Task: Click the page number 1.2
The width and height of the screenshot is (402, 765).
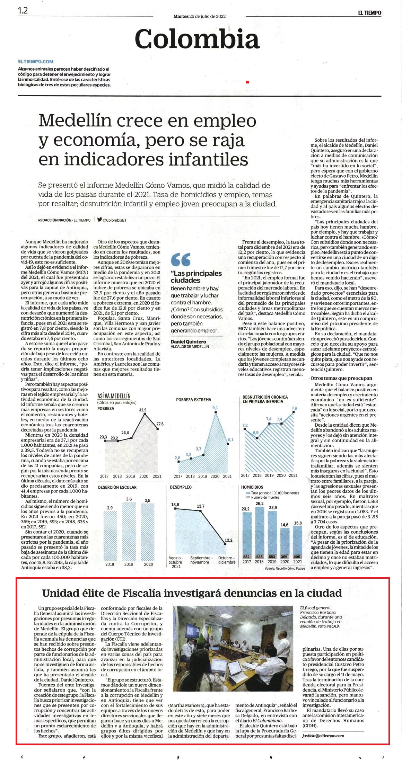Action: point(23,10)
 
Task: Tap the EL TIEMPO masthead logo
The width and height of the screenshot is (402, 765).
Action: point(369,13)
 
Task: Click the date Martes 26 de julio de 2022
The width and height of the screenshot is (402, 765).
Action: point(199,16)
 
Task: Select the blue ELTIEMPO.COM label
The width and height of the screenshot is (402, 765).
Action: point(36,62)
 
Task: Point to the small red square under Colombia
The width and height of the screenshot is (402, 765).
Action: point(247,82)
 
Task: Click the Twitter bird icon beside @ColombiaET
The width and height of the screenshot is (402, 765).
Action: point(99,220)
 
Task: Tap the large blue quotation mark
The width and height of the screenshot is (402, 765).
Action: point(181,259)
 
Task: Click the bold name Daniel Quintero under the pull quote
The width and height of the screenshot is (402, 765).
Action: point(189,341)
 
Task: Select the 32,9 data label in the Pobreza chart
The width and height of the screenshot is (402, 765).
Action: point(143,410)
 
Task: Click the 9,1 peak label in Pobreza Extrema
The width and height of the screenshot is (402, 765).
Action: point(215,408)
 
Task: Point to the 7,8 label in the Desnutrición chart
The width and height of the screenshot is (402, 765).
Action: point(294,408)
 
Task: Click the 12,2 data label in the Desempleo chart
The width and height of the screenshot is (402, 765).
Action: point(228,540)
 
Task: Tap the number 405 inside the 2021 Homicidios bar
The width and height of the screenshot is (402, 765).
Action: point(297,557)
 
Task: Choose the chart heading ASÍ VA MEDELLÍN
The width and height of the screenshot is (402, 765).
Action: point(114,396)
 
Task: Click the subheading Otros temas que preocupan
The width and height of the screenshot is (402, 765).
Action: point(341,378)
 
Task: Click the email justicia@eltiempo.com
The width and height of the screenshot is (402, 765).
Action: point(323,736)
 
